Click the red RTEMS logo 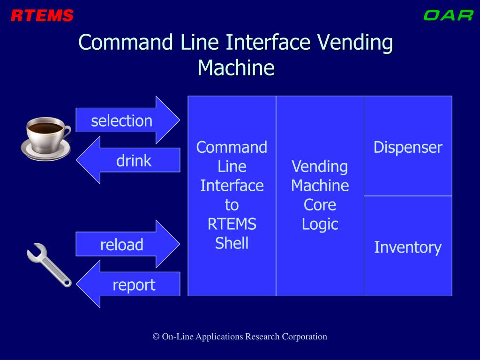coord(42,16)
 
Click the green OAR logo coord(448,15)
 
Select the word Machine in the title coord(235,67)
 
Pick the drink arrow coord(129,160)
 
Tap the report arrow coord(129,285)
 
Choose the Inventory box coord(408,247)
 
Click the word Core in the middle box coord(320,205)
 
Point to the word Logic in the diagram coord(320,224)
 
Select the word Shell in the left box coord(232,243)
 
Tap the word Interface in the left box coord(232,186)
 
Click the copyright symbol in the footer coord(156,337)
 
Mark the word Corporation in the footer coord(304,337)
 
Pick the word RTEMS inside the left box coord(232,224)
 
